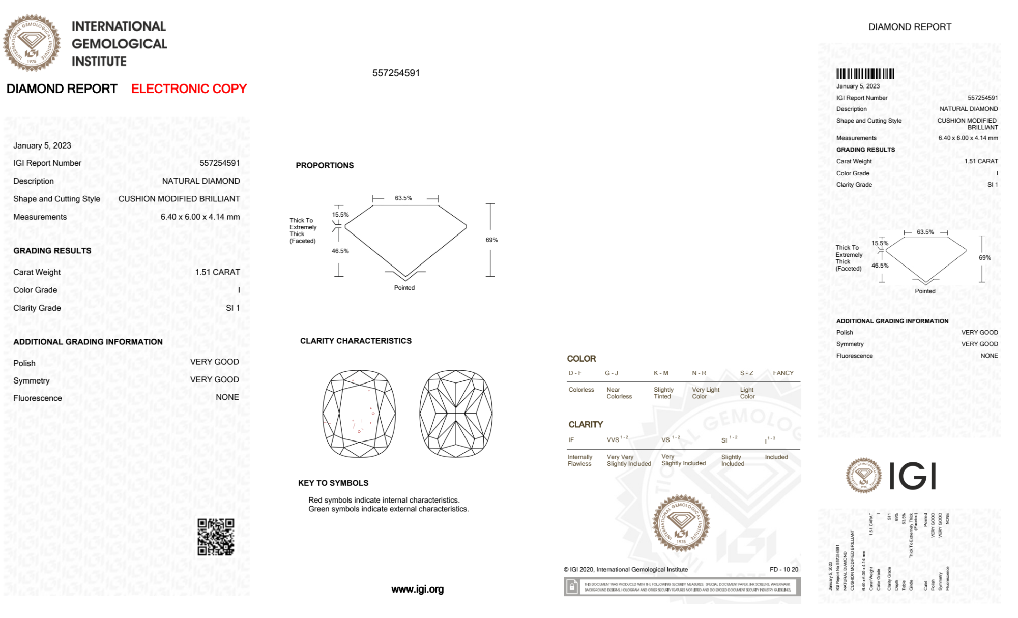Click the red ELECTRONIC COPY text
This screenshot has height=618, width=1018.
pos(189,89)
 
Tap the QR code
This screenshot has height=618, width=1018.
pos(216,537)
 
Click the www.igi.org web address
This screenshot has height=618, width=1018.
pos(417,590)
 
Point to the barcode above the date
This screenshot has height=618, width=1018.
pos(865,74)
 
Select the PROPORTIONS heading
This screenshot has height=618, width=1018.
pos(325,166)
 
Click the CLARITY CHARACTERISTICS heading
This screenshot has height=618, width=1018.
pos(356,341)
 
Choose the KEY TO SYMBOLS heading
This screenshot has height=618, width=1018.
pos(333,483)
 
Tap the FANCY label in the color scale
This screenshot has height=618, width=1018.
pos(783,373)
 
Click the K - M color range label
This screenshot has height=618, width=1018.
pos(661,373)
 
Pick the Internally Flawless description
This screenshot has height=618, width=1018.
pos(579,461)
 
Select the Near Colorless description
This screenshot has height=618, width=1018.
pos(619,393)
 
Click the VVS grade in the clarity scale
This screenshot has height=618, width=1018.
pos(614,440)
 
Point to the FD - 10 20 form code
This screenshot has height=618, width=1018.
pos(784,570)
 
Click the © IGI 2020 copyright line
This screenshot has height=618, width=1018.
pos(625,570)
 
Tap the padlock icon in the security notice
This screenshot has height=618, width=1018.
pos(572,587)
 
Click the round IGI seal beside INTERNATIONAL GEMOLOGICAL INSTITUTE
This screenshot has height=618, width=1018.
pos(32,43)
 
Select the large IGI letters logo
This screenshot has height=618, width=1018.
pos(913,477)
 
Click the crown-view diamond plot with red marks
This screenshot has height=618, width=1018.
pos(359,414)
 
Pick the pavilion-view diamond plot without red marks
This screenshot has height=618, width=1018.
pos(456,414)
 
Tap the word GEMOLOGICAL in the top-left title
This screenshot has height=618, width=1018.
pos(120,44)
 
